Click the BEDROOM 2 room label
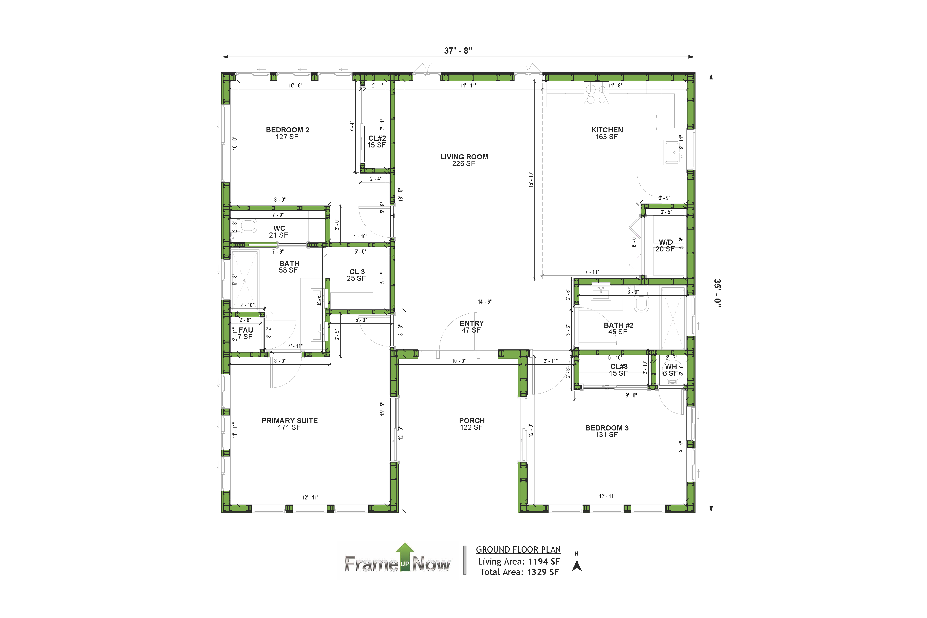287,130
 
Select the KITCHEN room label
607,130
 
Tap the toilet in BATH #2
641,303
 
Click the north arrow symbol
577,566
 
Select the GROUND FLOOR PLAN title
518,549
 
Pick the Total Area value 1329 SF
543,572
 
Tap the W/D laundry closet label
666,242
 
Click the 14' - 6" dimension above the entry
485,302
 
